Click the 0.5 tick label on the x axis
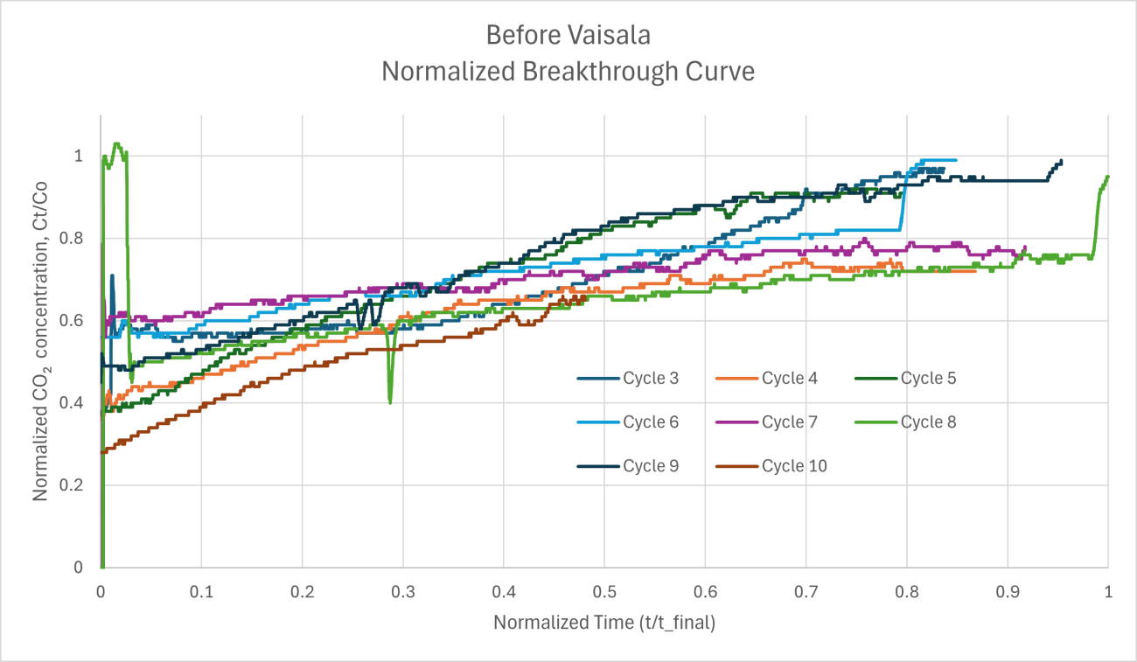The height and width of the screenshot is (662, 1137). [604, 592]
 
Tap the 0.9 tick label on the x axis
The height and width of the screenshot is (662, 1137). [1008, 592]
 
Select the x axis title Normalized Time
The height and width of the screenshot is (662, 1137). [604, 623]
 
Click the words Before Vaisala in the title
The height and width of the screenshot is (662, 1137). [568, 36]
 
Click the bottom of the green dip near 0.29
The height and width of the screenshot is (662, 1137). [390, 402]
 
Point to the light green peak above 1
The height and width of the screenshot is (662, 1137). [116, 144]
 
